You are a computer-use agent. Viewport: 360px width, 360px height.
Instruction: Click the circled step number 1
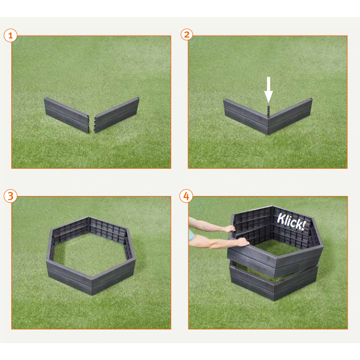coord(10,35)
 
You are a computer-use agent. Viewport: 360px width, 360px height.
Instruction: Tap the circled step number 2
coord(187,35)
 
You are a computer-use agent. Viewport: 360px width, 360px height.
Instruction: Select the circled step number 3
coord(10,196)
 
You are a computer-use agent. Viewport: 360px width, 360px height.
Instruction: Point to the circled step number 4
coord(186,196)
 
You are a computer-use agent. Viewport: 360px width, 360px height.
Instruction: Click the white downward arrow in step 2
coord(268,90)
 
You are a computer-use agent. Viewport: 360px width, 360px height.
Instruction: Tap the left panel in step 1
coord(67,115)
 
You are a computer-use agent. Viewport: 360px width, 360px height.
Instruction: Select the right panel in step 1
coord(117,115)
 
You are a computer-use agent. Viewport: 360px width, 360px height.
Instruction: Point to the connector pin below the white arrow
coord(268,110)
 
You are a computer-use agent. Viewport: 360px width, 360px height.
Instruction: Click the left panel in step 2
coord(246,117)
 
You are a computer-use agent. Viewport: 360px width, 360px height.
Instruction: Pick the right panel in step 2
coord(290,116)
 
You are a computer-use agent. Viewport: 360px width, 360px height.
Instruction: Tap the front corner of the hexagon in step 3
coord(92,287)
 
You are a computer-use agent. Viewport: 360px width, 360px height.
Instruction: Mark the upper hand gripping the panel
coord(230,229)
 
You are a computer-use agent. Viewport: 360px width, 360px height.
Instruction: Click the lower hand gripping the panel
coord(243,242)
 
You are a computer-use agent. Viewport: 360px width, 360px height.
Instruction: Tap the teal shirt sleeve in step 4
coord(191,235)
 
